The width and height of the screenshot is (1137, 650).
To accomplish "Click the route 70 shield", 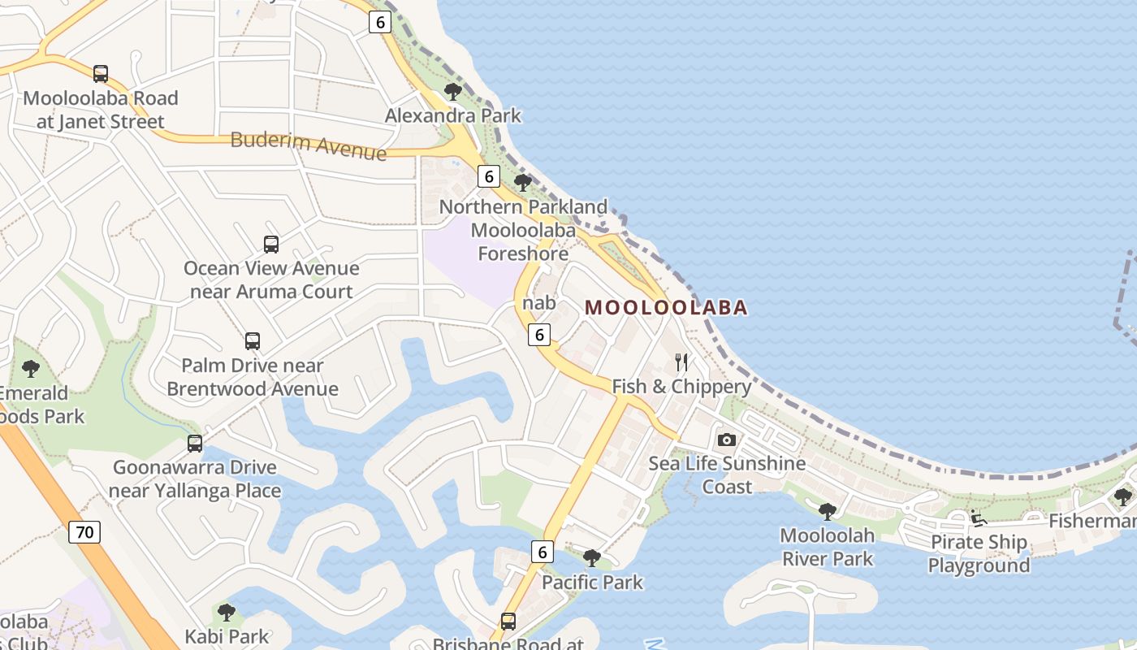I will coord(84,533).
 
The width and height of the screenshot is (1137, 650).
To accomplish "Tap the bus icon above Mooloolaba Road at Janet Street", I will coord(101,74).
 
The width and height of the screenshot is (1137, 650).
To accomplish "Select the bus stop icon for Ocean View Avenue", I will coord(271,244).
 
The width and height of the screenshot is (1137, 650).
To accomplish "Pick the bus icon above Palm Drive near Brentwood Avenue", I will coord(253,341).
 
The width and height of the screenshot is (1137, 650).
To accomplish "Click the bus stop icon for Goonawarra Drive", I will coord(195,443).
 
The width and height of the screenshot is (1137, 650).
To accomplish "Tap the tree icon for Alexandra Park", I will coord(453,91).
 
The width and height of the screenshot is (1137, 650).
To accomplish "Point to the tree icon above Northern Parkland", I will coord(523,183).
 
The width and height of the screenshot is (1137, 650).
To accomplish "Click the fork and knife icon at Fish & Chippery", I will coord(681,362).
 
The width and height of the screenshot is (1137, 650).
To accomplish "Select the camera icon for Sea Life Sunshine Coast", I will coord(727,440).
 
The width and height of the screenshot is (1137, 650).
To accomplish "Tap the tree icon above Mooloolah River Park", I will coord(828,511).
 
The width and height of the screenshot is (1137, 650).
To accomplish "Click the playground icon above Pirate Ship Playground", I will coord(979,518).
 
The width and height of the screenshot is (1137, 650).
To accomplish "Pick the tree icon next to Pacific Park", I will coord(592,558).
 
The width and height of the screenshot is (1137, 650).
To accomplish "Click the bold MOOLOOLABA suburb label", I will coord(666,308).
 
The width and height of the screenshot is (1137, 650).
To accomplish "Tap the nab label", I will coord(539,303).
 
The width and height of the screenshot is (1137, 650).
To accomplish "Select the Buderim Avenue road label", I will coord(309,145).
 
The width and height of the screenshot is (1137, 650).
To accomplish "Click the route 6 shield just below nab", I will coord(539,334).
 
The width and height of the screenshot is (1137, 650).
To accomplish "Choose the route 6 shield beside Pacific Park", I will coord(543,552).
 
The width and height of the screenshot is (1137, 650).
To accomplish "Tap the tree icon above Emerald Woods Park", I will coord(31,369).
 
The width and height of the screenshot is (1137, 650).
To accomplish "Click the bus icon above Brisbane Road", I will coord(508,622).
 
